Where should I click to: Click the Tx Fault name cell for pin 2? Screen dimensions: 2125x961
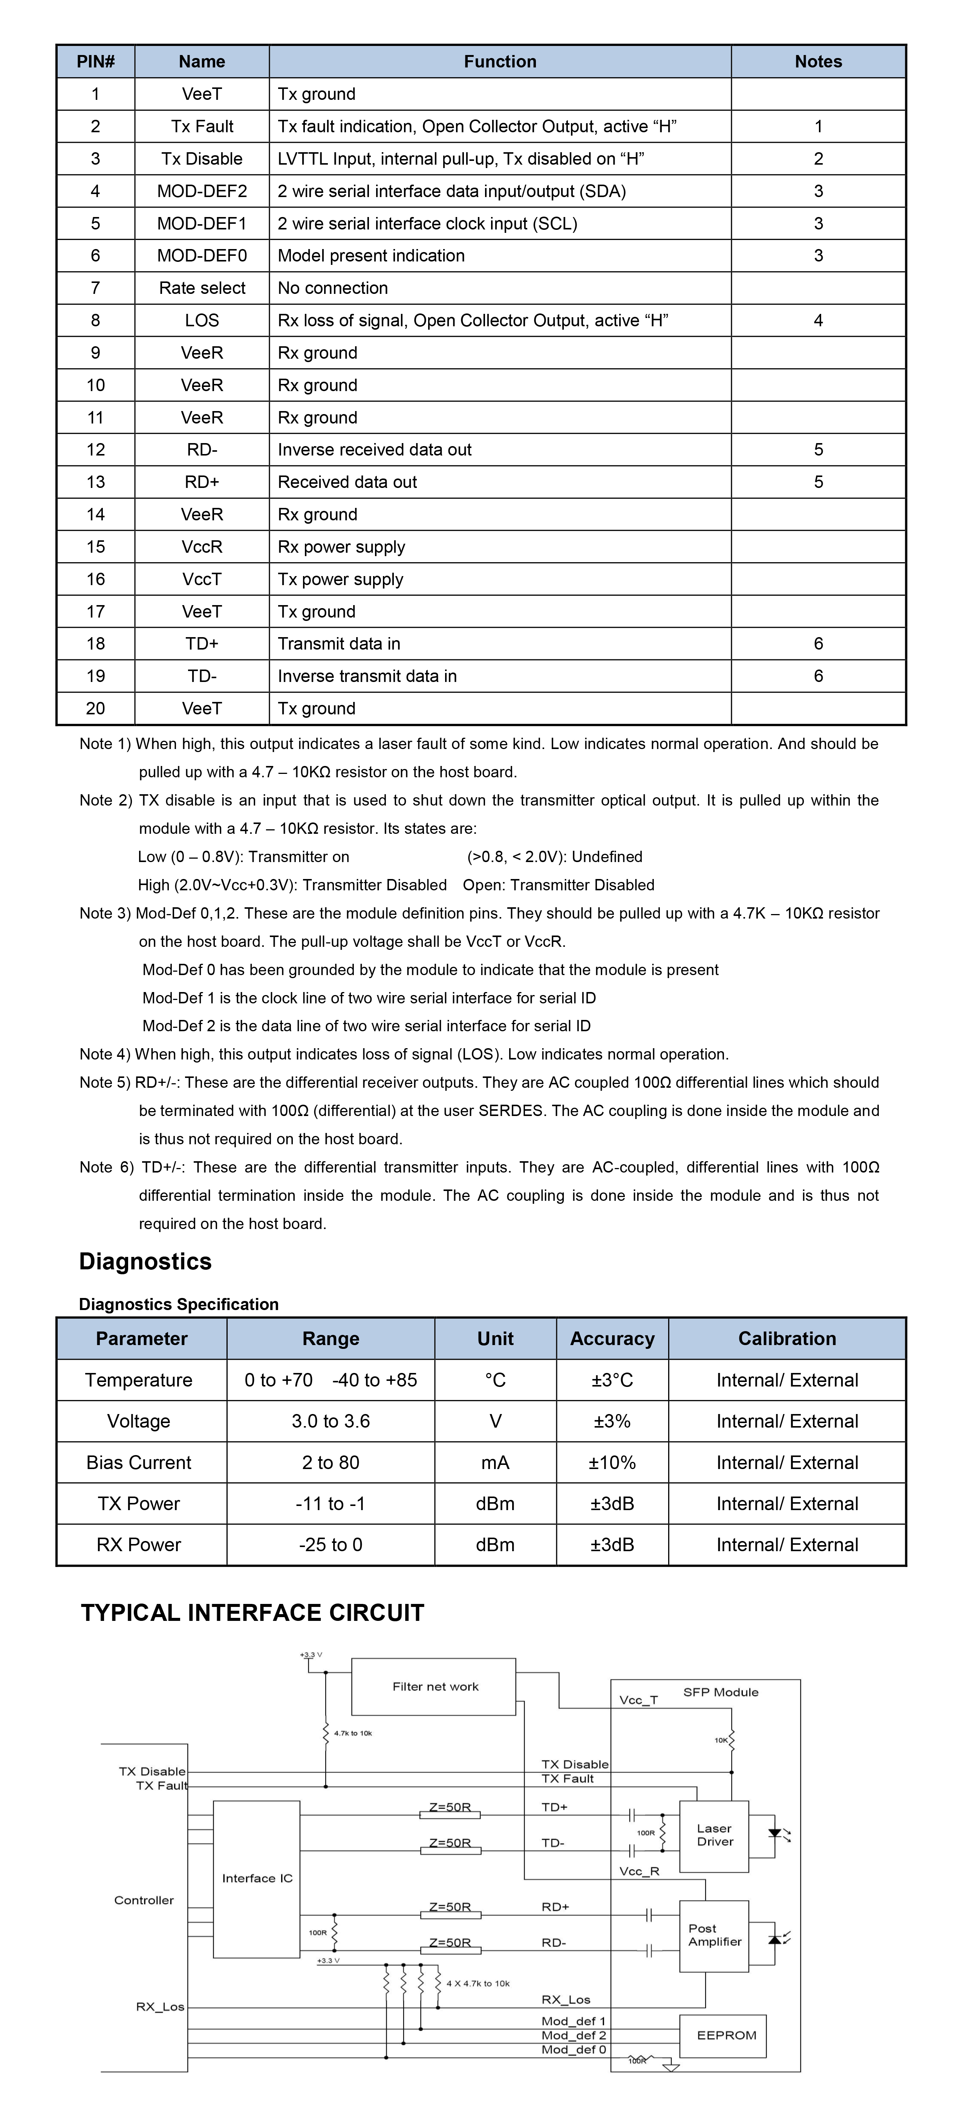202,126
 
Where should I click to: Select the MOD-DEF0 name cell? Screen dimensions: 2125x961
202,256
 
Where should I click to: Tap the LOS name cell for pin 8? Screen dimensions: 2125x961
202,320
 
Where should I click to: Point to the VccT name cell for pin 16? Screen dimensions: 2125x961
202,579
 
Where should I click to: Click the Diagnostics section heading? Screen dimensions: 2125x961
145,1261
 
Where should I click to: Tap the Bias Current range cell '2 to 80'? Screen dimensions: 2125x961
331,1463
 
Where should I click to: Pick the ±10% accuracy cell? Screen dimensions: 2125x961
612,1463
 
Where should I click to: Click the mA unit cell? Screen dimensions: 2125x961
495,1463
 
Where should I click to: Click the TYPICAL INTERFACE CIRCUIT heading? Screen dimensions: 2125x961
252,1613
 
